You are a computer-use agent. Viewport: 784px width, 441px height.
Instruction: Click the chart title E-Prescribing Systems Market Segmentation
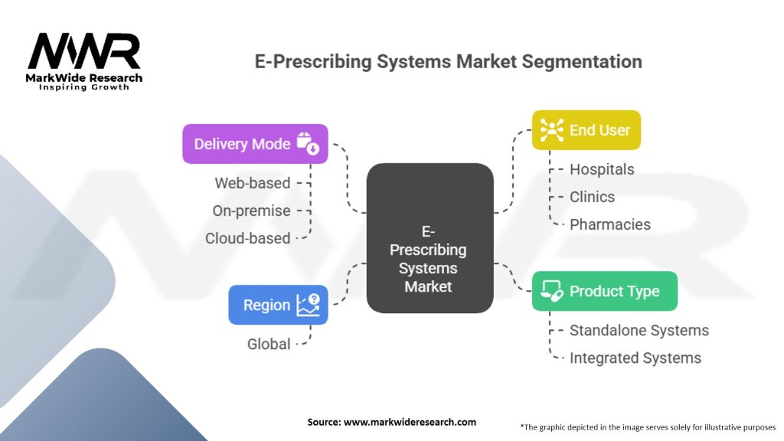coord(448,61)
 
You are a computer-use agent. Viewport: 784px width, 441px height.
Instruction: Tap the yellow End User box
coord(586,130)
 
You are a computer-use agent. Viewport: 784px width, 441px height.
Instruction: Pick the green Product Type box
coord(604,292)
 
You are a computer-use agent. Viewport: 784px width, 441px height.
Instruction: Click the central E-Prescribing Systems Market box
coord(429,237)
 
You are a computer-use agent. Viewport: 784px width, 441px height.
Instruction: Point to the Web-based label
coord(253,183)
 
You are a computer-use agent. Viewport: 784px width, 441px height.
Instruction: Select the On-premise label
coord(252,211)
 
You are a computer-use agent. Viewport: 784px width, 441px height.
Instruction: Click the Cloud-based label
coord(247,238)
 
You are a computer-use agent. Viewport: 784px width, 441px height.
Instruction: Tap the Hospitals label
coord(602,169)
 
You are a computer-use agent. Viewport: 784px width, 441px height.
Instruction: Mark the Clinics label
coord(592,197)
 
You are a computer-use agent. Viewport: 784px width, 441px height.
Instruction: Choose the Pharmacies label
coord(609,224)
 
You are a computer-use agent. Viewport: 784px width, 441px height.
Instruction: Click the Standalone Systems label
coord(639,331)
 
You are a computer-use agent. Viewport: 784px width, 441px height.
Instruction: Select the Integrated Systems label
coord(635,358)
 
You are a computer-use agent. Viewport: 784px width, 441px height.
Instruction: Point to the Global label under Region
coord(269,345)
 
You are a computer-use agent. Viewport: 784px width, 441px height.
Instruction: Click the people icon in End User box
coord(551,130)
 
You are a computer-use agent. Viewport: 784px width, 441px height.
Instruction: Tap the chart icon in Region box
coord(309,305)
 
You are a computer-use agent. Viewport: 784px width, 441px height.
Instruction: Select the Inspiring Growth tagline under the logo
coord(84,87)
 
